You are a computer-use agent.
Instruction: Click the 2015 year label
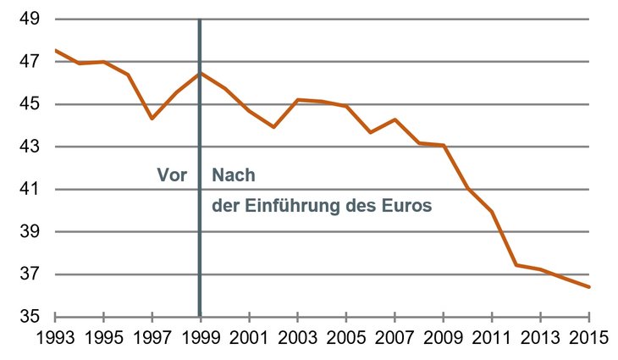point(588,338)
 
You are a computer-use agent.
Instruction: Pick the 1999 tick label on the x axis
point(201,338)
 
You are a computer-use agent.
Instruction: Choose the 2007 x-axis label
point(395,338)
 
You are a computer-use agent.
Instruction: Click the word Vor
point(171,175)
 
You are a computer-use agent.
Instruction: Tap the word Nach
point(233,175)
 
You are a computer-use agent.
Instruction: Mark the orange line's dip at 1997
point(152,119)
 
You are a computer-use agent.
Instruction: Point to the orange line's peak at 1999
point(201,73)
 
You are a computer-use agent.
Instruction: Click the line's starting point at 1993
point(56,50)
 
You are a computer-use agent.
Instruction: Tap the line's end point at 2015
point(588,287)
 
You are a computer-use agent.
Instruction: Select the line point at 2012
point(516,265)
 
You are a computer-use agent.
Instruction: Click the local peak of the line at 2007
point(395,119)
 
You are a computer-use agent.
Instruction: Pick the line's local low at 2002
point(273,127)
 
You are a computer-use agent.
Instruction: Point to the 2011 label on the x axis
point(491,338)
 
